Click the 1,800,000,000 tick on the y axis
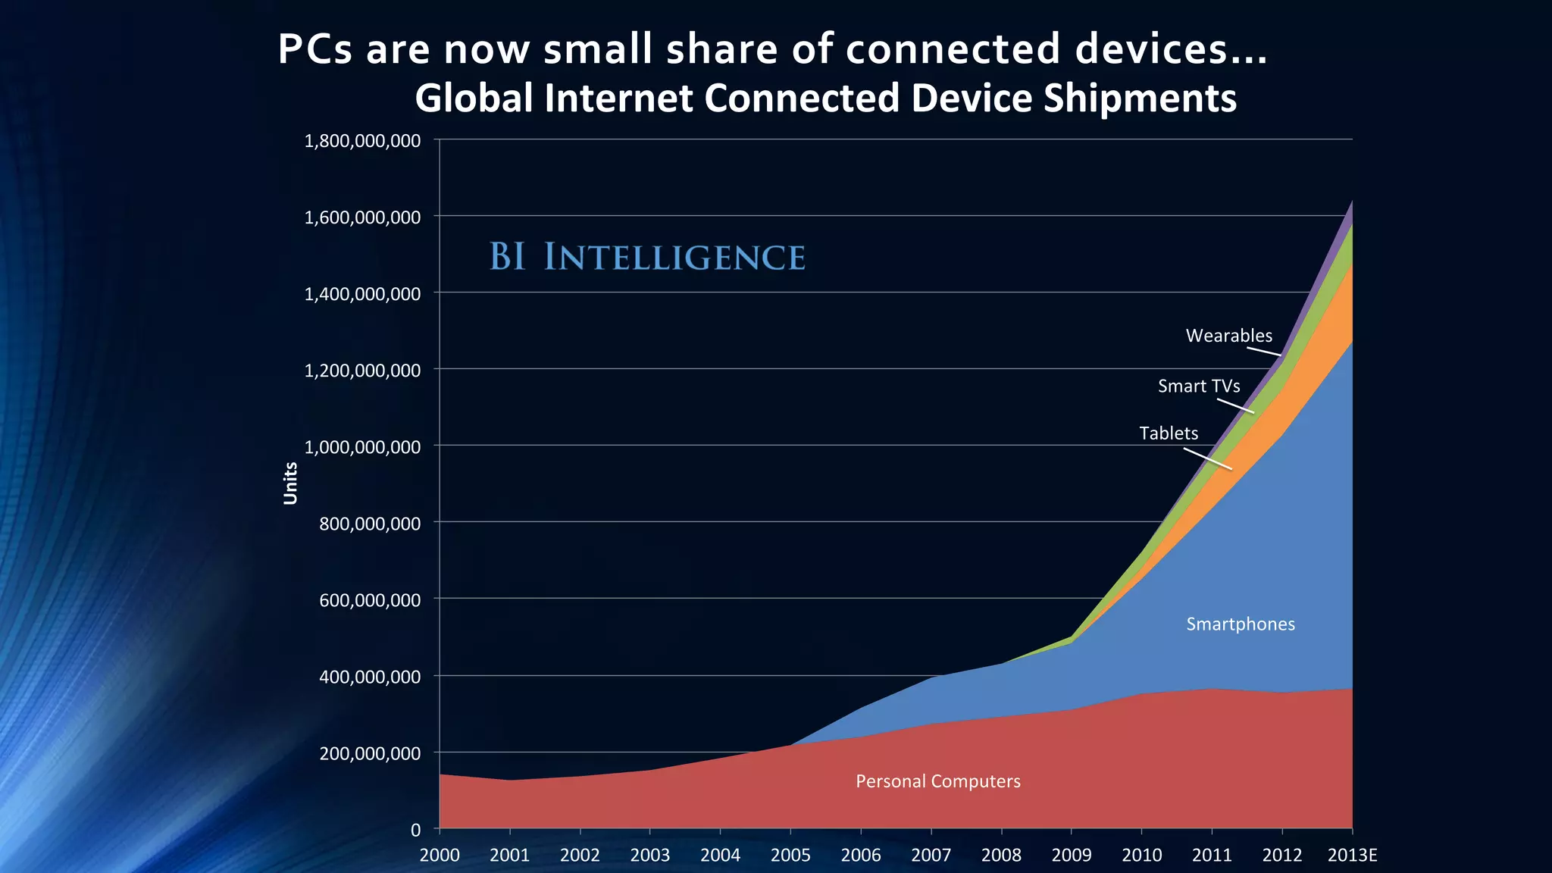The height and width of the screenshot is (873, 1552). [x=362, y=141]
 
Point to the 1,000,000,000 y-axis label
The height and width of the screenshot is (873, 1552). [x=362, y=447]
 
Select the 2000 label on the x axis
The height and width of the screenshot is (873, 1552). [x=440, y=856]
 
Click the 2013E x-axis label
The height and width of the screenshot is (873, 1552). [x=1352, y=856]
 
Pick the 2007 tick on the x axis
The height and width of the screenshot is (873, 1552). [x=931, y=856]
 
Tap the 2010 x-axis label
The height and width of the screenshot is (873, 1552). [x=1141, y=856]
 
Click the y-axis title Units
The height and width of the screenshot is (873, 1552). [x=290, y=483]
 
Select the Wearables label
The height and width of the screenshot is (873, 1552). [x=1228, y=336]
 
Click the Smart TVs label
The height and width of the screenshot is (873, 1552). [x=1199, y=386]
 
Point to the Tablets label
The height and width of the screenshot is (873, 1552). [x=1169, y=433]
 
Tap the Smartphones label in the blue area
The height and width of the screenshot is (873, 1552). [x=1240, y=624]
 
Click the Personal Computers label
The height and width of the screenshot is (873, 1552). [x=937, y=781]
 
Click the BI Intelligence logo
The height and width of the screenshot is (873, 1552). [x=646, y=257]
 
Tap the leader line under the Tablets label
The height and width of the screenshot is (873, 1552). [x=1208, y=459]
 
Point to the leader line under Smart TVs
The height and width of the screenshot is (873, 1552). [x=1235, y=406]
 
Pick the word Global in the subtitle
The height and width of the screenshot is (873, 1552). [x=473, y=99]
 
